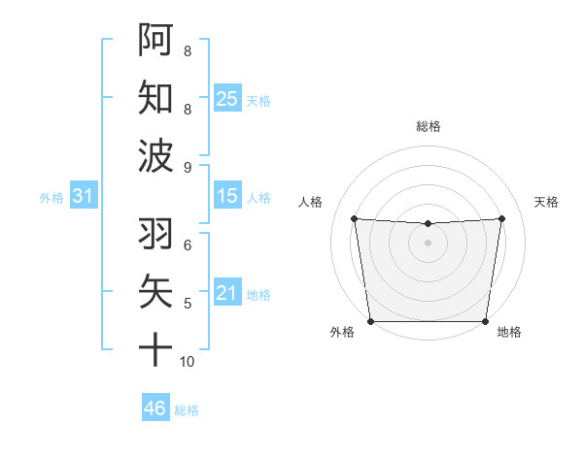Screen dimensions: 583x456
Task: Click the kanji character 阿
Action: [156, 40]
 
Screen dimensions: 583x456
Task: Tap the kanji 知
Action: [156, 96]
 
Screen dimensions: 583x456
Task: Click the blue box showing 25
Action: [227, 98]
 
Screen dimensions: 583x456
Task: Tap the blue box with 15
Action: [227, 196]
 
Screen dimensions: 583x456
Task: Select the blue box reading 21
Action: [227, 292]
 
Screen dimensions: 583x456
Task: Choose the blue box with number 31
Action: [84, 196]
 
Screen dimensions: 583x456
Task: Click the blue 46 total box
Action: [155, 407]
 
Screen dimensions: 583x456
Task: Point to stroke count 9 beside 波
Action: [188, 167]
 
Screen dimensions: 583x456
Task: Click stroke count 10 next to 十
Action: [188, 361]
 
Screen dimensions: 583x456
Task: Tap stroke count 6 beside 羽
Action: [188, 245]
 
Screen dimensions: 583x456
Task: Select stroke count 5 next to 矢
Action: [188, 304]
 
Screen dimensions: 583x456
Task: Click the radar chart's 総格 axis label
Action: [428, 126]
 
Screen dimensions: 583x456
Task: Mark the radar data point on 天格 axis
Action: [502, 218]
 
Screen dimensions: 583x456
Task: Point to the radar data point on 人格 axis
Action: [354, 218]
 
